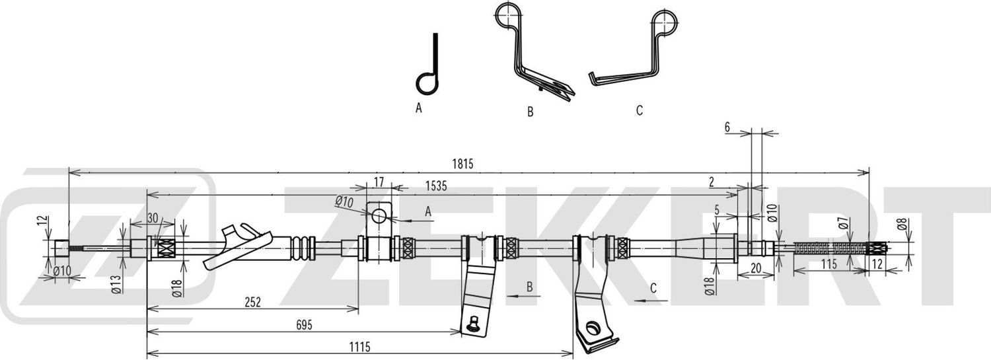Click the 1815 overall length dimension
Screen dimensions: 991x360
462,164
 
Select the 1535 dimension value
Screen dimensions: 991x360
436,186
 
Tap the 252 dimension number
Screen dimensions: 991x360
252,302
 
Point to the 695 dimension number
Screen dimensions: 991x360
304,325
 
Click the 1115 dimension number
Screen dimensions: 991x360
359,347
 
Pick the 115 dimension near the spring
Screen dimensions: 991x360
828,264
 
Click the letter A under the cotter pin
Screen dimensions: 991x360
418,108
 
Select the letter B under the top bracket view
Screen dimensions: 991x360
530,112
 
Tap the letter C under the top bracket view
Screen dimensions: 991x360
639,110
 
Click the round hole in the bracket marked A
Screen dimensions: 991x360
379,216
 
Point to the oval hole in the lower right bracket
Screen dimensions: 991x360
591,328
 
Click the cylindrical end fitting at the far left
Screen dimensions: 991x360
61,248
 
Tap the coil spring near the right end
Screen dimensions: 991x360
830,248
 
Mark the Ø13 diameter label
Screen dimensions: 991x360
116,284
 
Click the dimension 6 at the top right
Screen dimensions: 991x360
727,127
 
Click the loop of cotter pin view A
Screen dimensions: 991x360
427,83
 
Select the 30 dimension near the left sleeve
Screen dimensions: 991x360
152,218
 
